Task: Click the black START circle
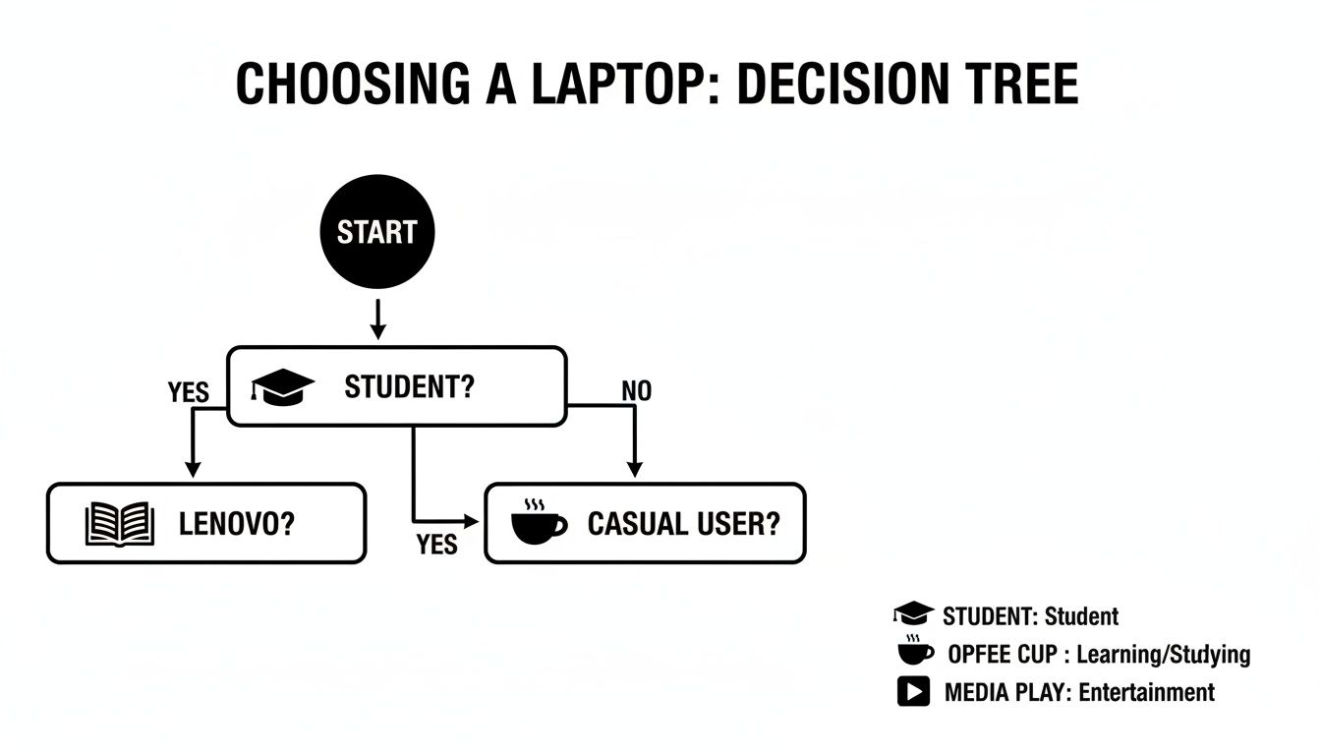pos(377,232)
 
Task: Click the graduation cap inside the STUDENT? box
pos(283,386)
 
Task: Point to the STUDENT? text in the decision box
pos(409,386)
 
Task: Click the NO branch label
pos(636,391)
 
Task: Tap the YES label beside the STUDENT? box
pos(189,393)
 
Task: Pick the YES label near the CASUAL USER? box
pos(436,544)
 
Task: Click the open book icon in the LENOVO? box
pos(120,524)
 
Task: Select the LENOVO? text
pos(237,524)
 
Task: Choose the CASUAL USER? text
pos(683,524)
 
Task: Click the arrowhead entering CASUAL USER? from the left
pos(474,520)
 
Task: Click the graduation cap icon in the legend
pos(913,615)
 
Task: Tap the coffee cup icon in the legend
pos(915,652)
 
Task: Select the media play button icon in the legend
pos(913,691)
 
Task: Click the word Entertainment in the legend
pos(1146,692)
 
